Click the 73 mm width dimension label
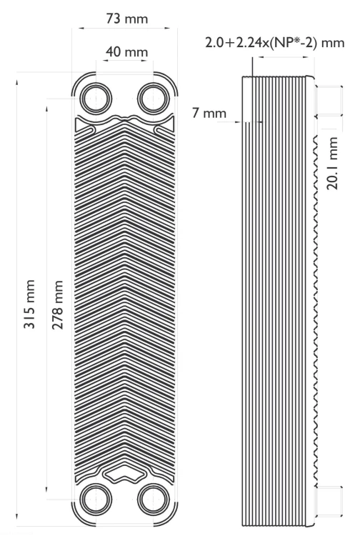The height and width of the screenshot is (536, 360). (x=127, y=18)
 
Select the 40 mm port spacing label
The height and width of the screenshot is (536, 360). (x=126, y=51)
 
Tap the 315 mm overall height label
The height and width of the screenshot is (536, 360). (x=29, y=304)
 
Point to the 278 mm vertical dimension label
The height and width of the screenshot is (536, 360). (x=57, y=304)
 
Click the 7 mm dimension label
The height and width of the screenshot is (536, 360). (x=209, y=113)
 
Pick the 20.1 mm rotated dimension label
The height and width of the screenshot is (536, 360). (x=332, y=163)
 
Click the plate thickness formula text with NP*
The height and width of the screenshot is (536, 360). (x=274, y=43)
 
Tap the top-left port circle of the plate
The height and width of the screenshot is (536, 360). (x=96, y=99)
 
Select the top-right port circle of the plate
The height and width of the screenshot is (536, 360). (x=153, y=99)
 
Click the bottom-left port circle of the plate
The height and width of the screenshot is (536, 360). (x=96, y=500)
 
